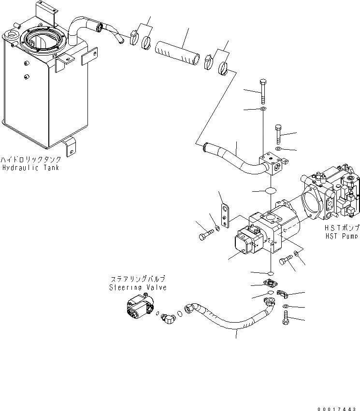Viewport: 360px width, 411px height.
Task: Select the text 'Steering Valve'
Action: [x=138, y=287]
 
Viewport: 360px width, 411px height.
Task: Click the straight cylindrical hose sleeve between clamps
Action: [x=178, y=53]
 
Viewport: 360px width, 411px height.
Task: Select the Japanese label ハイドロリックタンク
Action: [x=31, y=159]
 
